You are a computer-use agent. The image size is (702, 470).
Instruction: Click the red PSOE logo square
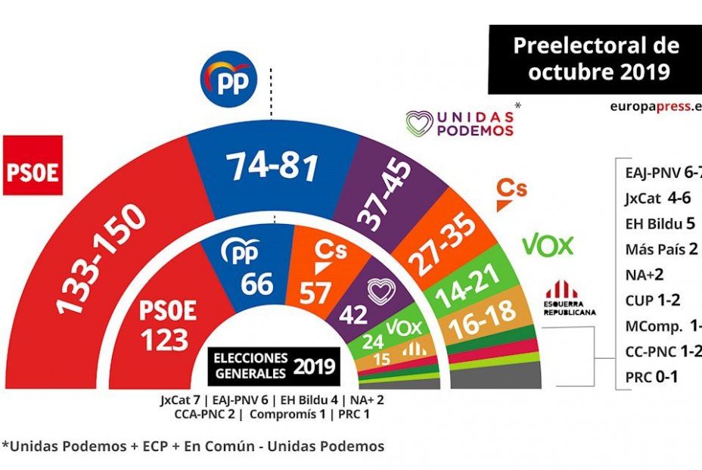[33, 166]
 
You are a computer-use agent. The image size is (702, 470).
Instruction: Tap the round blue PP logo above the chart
[228, 81]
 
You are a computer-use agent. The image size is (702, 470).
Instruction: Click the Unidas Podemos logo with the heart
[460, 123]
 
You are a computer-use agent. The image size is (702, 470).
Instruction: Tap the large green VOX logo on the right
[547, 244]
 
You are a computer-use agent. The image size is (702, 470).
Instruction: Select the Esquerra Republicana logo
[571, 297]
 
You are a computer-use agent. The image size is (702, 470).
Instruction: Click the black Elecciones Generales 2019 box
[275, 365]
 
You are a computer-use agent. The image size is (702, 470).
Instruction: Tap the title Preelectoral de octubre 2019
[595, 58]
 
